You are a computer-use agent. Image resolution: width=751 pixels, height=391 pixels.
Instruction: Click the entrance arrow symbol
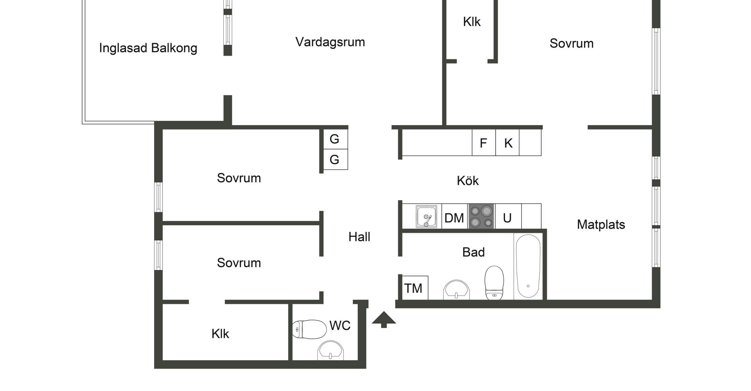tap(384, 319)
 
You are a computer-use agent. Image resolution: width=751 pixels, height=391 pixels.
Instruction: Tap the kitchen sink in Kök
tap(426, 216)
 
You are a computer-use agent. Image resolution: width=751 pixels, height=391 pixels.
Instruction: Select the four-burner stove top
tap(482, 216)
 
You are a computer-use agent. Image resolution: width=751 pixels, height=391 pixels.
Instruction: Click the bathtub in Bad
tap(528, 267)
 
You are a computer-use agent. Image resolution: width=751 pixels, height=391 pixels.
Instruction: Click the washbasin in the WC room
tap(331, 350)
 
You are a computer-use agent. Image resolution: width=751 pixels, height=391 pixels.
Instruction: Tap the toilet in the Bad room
tap(494, 282)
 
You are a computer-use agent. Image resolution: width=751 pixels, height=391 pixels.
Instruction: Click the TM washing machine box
tap(414, 288)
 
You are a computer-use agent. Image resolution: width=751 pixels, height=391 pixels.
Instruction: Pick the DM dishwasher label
tap(454, 218)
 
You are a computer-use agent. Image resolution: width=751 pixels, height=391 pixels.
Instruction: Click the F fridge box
tap(483, 143)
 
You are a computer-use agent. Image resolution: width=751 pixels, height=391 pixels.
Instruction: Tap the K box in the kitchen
tap(508, 143)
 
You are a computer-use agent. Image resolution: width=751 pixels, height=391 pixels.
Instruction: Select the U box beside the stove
tap(507, 218)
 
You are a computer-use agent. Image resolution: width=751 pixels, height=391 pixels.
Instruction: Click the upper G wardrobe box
tap(335, 139)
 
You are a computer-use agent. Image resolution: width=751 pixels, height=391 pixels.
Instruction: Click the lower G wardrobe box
tap(335, 160)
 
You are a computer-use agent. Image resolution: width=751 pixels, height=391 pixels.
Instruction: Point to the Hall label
tap(359, 237)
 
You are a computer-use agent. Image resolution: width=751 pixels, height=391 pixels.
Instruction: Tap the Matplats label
tap(601, 224)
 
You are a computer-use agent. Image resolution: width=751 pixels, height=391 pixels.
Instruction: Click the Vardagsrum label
tap(330, 42)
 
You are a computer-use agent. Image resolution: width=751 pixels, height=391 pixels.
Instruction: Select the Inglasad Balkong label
tap(148, 48)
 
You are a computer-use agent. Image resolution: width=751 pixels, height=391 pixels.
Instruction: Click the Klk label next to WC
tap(220, 334)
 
